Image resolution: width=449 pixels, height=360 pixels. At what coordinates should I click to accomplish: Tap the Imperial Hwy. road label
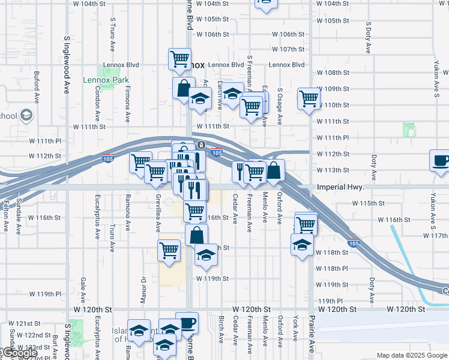340,187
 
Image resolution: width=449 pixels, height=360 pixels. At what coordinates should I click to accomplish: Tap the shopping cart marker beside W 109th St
309,98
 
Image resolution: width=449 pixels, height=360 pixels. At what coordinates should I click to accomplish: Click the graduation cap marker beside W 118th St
302,244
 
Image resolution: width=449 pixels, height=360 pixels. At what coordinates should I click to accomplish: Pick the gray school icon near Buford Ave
26,115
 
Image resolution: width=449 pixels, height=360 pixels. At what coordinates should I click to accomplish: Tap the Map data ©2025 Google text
412,355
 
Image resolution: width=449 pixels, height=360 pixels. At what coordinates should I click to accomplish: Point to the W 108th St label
333,73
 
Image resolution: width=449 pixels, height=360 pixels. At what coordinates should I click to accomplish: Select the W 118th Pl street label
332,269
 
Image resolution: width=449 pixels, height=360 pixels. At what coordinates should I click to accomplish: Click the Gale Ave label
82,290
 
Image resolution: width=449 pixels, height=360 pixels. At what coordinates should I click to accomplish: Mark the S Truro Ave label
112,34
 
